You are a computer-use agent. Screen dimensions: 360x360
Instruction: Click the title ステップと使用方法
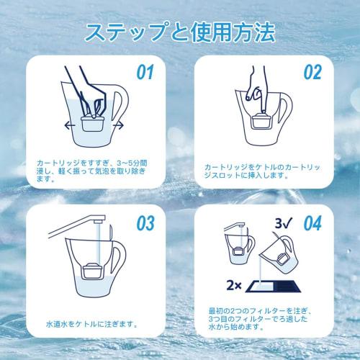tap(179, 32)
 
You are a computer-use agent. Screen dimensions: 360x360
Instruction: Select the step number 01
tap(147, 73)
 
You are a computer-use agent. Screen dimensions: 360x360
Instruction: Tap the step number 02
tap(311, 73)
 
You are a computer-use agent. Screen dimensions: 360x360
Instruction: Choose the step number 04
tap(312, 222)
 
